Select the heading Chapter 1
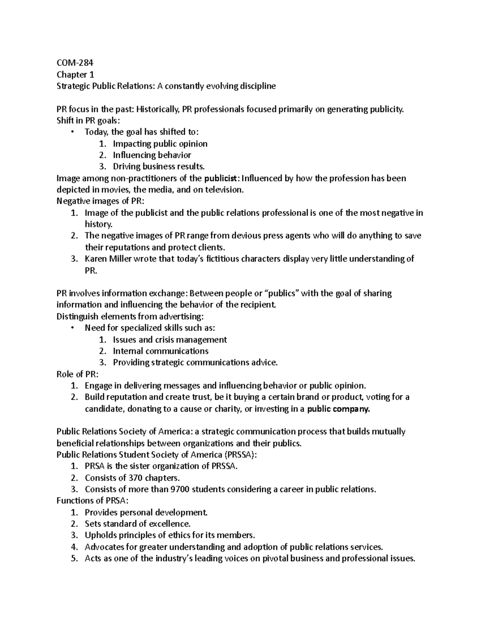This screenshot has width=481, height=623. click(x=72, y=74)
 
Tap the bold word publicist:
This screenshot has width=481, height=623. click(x=223, y=178)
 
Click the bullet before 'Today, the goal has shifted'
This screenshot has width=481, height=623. click(x=72, y=132)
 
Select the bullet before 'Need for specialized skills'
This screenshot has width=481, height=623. click(x=72, y=328)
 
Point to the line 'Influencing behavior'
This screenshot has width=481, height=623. click(x=152, y=155)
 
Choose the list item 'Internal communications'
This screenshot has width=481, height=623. click(x=160, y=351)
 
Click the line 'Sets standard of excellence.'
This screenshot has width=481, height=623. click(x=137, y=524)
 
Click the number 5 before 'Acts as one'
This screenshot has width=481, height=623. click(x=73, y=558)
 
